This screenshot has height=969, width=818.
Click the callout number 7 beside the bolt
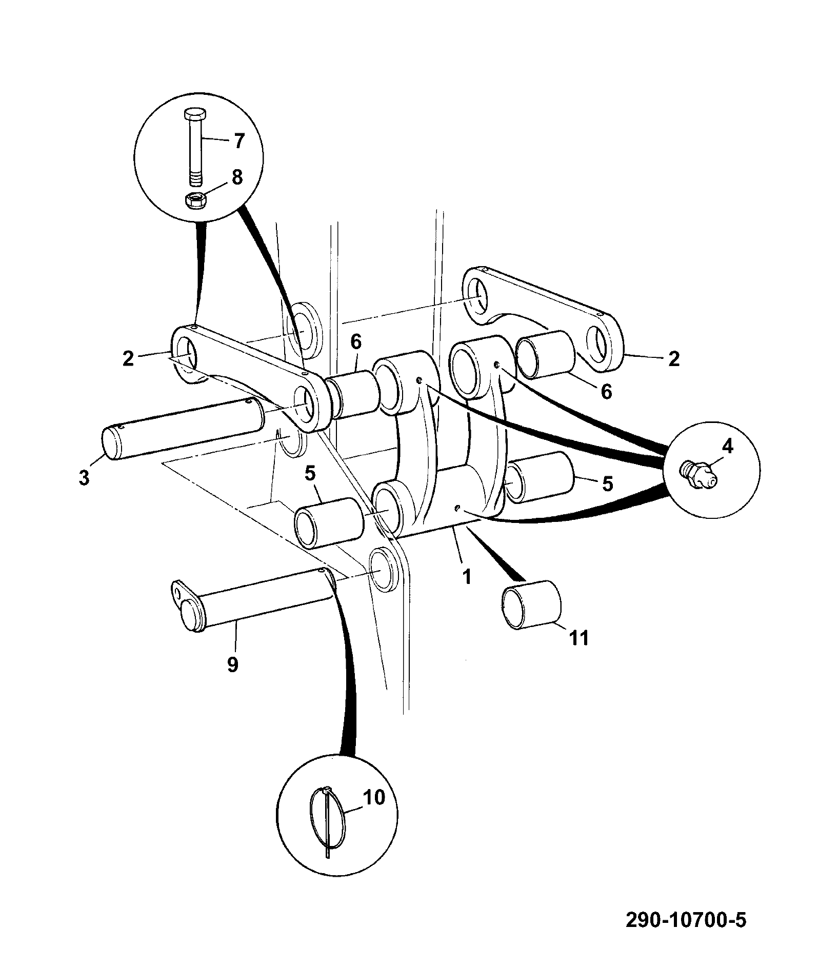[x=239, y=140]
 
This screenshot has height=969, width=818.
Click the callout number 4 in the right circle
[x=727, y=447]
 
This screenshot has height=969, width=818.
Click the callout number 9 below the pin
[x=232, y=665]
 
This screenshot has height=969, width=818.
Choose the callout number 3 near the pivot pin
[x=84, y=477]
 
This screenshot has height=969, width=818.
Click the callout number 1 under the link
[x=466, y=577]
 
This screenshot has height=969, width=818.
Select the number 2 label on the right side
[x=674, y=359]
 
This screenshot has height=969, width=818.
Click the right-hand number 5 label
[x=608, y=483]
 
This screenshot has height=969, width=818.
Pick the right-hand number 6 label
[x=606, y=392]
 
